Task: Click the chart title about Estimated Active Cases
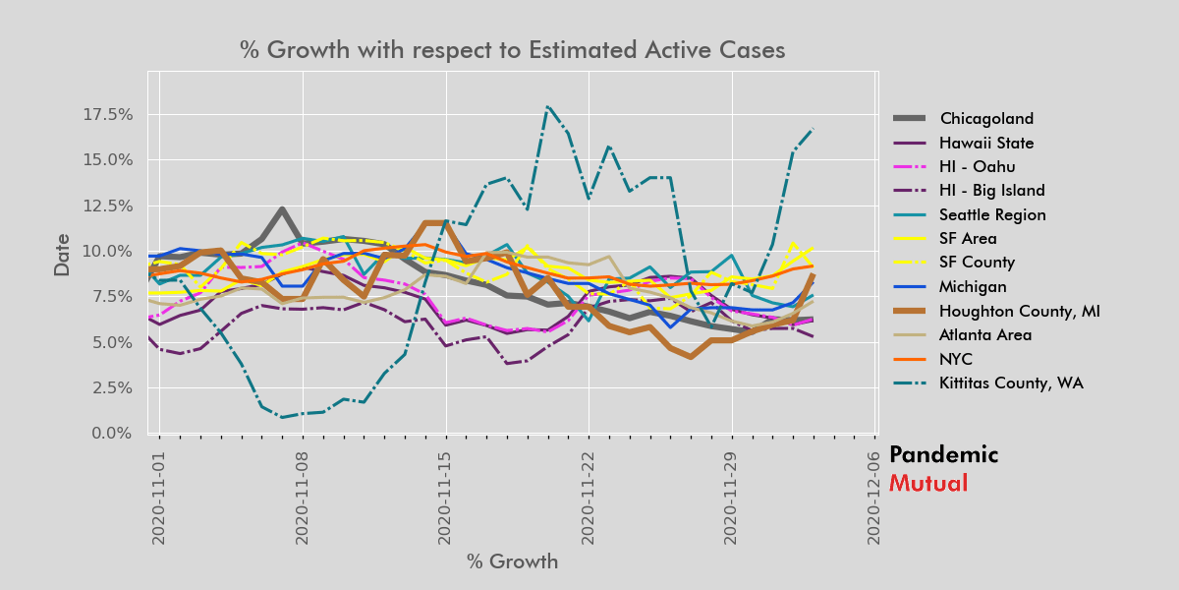point(512,50)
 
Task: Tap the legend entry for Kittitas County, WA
point(1011,383)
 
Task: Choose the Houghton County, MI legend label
point(1019,311)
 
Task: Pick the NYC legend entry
point(957,359)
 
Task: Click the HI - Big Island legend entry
point(991,191)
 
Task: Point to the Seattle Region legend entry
point(992,214)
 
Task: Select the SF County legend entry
point(979,263)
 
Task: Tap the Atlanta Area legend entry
point(983,334)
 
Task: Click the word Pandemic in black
point(943,455)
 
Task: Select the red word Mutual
point(927,484)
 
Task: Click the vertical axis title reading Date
point(62,254)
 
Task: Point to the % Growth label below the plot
point(512,562)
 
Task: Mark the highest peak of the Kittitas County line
point(546,106)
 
